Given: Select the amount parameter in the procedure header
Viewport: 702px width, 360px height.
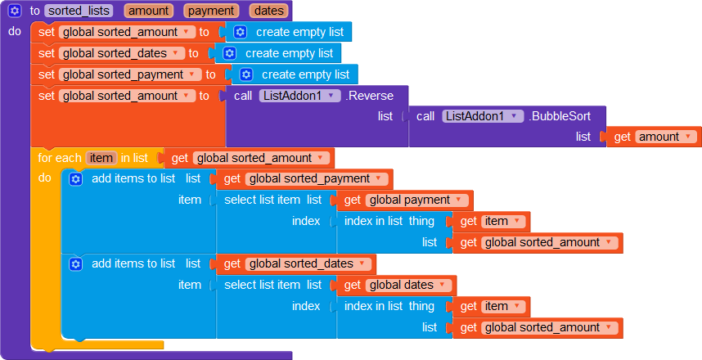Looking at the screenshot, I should coord(148,11).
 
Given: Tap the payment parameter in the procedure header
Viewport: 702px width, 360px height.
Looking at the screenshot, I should coord(211,11).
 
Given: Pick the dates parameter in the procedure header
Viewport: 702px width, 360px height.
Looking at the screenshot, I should coord(269,11).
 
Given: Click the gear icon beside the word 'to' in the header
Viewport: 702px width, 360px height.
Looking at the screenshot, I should coord(14,11).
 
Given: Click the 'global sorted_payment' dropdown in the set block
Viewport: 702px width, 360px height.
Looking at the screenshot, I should coord(130,74).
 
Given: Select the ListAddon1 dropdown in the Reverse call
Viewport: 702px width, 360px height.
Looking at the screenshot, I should coord(299,96).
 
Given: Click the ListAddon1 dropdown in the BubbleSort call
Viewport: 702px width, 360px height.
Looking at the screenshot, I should coord(482,116).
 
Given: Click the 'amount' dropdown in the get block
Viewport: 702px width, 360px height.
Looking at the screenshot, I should coord(666,137).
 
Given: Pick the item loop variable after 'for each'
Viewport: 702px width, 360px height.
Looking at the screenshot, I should coord(101,158).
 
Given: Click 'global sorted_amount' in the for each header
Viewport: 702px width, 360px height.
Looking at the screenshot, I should coord(260,158).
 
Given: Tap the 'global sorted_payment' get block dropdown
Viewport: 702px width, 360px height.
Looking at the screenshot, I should coord(317,179).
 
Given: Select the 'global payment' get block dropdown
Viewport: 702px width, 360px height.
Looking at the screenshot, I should coord(416,200).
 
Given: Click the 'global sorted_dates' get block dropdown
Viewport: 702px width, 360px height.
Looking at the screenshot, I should coord(308,263).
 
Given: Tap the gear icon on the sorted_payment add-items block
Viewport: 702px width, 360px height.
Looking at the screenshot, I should coord(76,179).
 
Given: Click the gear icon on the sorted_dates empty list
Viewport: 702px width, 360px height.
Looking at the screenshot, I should coord(230,53).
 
